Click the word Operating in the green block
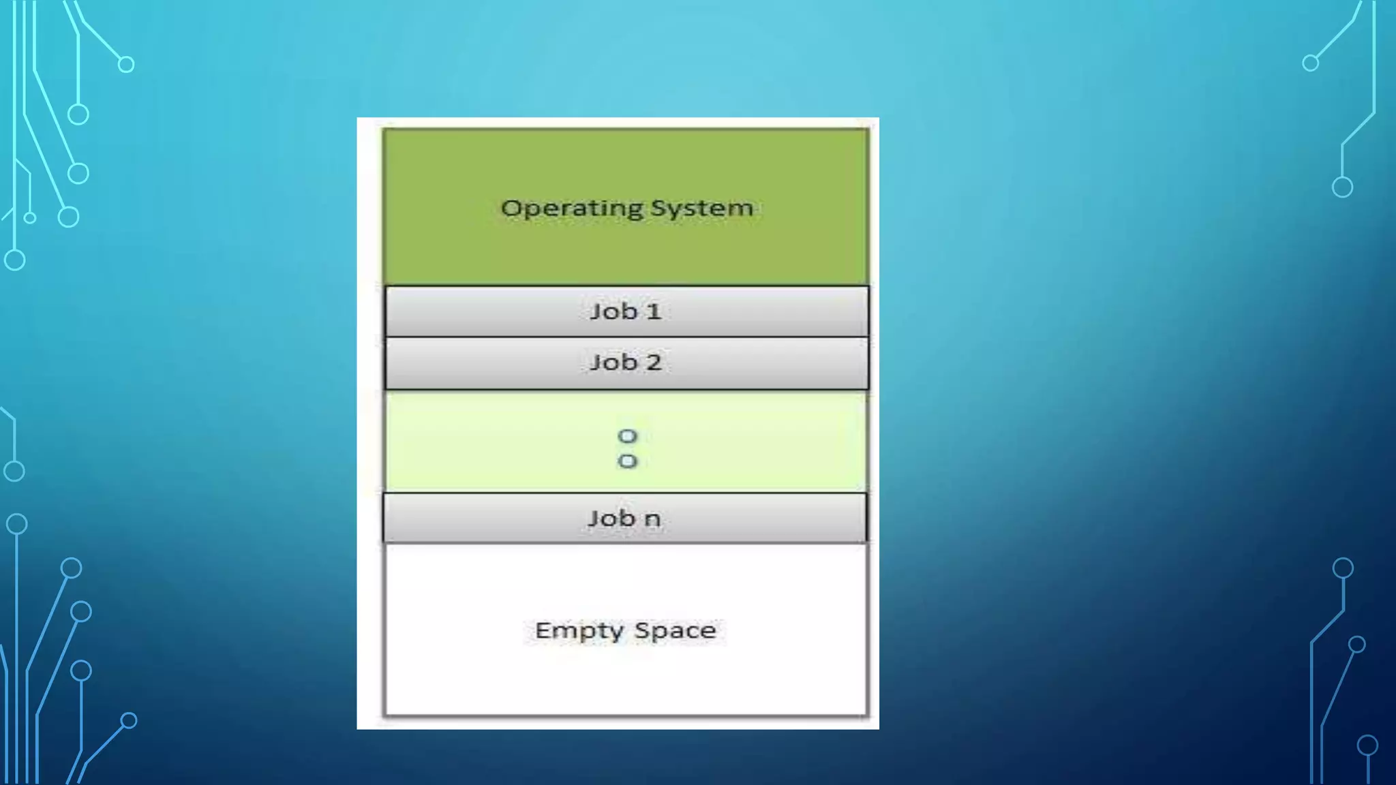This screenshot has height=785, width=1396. click(x=572, y=209)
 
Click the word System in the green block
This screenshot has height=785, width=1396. click(x=702, y=208)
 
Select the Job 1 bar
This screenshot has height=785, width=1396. click(x=626, y=311)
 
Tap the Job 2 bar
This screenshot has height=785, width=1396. click(x=626, y=363)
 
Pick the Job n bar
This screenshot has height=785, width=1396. click(x=625, y=519)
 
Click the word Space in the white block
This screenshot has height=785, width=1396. click(x=675, y=630)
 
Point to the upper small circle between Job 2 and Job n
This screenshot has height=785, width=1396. click(x=627, y=436)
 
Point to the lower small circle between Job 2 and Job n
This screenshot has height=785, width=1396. click(x=627, y=461)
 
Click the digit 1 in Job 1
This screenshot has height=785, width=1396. click(x=654, y=311)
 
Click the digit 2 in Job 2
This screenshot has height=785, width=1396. click(x=654, y=363)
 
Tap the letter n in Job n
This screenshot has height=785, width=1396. click(x=652, y=519)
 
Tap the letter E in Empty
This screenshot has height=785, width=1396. click(x=542, y=630)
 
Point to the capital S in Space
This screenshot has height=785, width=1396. click(x=641, y=630)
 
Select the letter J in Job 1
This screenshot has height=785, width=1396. click(x=595, y=311)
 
